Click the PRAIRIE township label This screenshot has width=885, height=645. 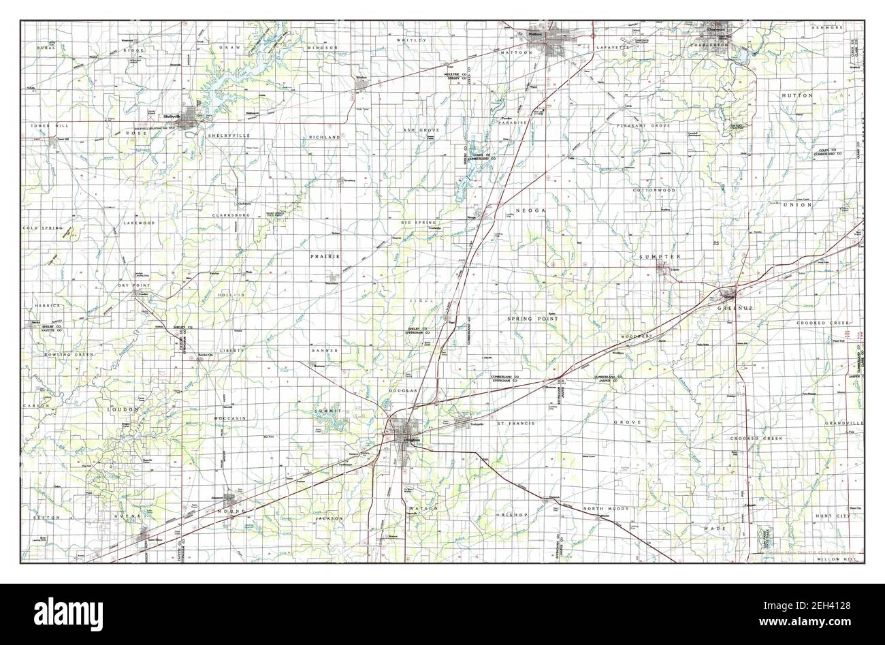[x=325, y=256]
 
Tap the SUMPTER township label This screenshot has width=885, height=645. [x=660, y=256]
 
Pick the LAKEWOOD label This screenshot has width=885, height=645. [x=140, y=223]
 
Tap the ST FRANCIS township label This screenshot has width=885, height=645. [x=515, y=423]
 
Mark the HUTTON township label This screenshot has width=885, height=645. [x=797, y=96]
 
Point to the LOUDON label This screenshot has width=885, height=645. [x=123, y=409]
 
